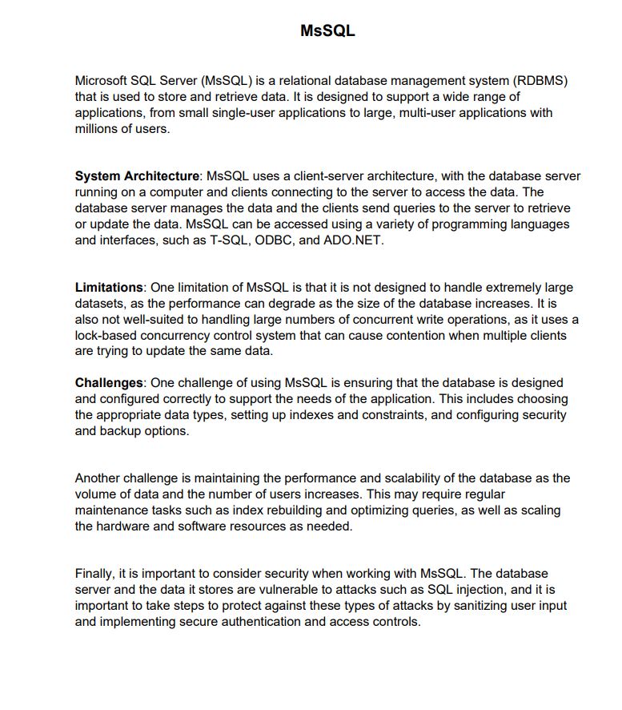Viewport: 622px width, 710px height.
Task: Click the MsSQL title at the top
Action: (x=327, y=31)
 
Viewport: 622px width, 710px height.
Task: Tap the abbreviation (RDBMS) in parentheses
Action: (x=539, y=81)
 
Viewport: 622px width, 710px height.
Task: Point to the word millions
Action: (x=96, y=129)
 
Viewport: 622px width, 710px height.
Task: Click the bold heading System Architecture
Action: (x=137, y=176)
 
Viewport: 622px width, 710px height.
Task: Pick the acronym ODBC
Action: (x=276, y=240)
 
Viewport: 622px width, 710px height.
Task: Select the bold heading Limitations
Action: (x=109, y=288)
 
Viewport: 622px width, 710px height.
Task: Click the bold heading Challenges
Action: (x=109, y=383)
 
